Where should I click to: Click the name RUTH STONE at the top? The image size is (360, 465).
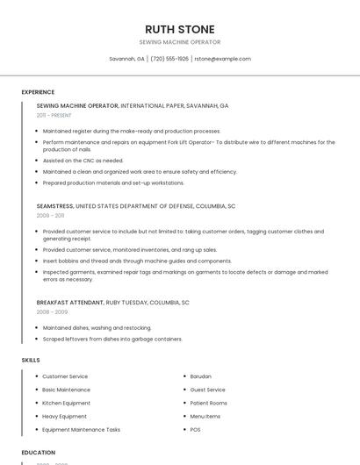180,29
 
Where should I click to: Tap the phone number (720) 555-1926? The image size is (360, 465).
169,59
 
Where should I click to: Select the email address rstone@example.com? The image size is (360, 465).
222,59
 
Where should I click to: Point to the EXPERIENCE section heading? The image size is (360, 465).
38,92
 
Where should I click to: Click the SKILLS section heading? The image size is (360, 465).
31,360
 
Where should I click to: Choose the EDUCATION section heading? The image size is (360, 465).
38,453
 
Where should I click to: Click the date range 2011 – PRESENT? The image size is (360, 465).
54,115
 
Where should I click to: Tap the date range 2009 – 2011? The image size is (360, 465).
50,215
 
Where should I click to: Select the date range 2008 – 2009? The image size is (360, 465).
52,311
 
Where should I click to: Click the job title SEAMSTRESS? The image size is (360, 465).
54,205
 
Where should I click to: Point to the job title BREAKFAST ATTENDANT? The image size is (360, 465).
69,302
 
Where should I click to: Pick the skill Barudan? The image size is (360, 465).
200,376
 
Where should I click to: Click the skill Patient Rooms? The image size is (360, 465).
207,403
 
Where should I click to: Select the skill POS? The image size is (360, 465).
195,430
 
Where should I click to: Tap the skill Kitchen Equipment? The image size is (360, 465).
67,403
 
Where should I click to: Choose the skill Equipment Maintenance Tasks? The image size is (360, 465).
81,430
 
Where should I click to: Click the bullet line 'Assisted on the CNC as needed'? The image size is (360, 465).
83,161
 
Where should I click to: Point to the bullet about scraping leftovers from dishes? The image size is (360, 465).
112,339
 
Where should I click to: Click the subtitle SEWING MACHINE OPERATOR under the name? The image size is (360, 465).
180,42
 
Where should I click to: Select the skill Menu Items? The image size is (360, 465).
205,416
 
